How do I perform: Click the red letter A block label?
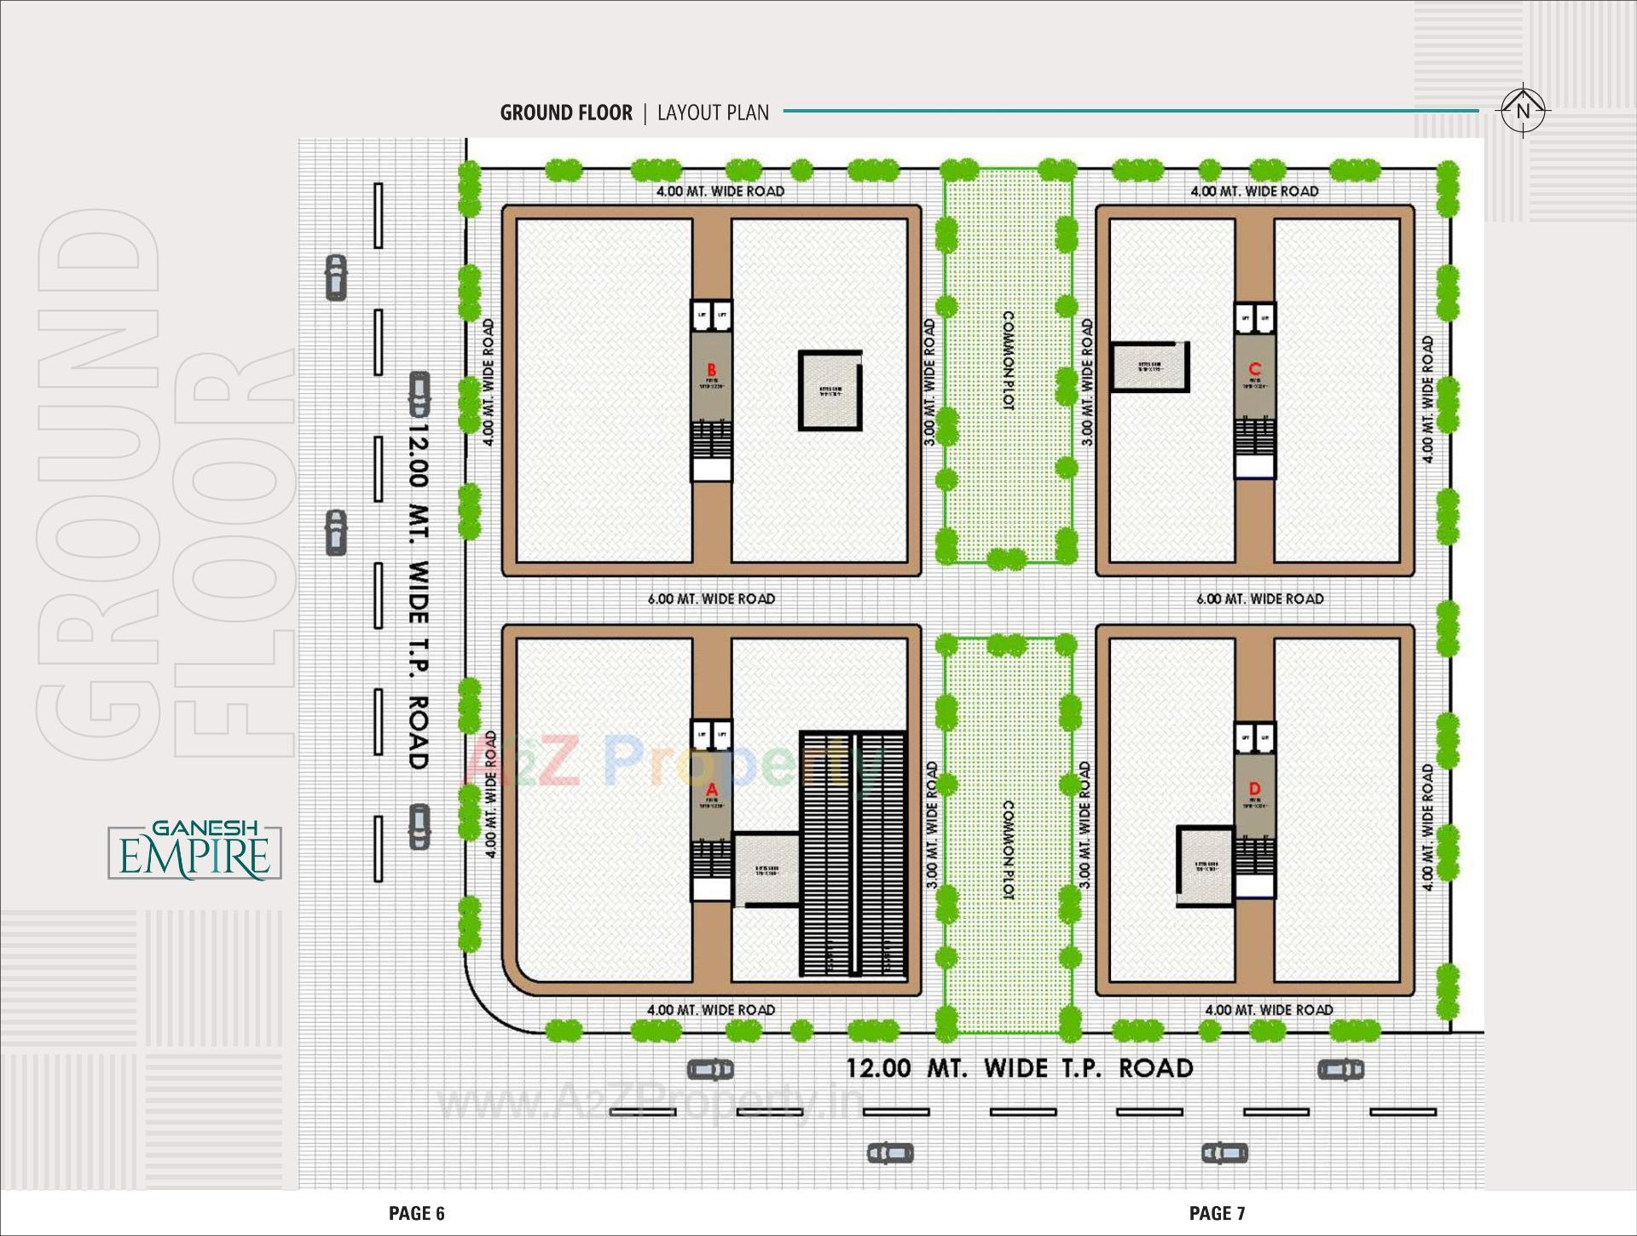coord(712,790)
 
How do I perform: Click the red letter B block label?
coord(712,369)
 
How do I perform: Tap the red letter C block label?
coord(1254,368)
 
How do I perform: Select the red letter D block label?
coord(1254,788)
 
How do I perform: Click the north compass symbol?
coord(1523,110)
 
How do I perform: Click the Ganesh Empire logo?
coord(195,852)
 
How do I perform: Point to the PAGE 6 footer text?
coord(417,1213)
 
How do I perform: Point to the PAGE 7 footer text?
coord(1218,1213)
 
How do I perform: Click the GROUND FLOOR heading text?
coord(566,113)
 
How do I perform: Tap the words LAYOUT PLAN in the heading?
coord(713,113)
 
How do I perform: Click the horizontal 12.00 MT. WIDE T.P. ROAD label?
coord(1020,1068)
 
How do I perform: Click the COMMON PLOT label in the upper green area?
coord(1007,361)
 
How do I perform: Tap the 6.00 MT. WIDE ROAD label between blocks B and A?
coord(711,598)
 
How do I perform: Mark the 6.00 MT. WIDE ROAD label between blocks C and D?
coord(1260,598)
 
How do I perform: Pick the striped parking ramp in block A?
coord(853,853)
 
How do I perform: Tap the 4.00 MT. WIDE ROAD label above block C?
coord(1254,192)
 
